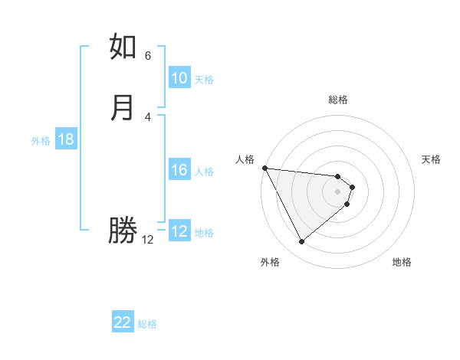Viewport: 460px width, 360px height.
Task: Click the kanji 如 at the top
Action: coord(123,47)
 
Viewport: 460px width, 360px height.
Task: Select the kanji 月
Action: coord(123,108)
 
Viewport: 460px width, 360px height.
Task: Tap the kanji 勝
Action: coord(123,231)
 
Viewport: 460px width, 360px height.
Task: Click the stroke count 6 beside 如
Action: coord(148,56)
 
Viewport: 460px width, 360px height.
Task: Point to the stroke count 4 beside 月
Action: coord(148,116)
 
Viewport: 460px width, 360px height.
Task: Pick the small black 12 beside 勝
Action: coord(148,240)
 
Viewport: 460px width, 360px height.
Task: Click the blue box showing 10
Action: coord(179,79)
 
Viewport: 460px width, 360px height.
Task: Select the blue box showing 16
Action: coord(179,171)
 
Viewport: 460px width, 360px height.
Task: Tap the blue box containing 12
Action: coord(179,232)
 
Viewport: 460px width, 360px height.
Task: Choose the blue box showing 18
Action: coord(66,140)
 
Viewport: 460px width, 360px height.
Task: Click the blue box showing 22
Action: coord(123,323)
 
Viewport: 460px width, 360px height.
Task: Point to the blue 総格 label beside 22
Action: coord(147,324)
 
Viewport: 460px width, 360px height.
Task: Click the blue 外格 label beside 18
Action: coord(41,141)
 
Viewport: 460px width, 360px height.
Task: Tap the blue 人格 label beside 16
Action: coord(205,172)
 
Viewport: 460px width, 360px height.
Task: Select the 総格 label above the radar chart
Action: coord(338,100)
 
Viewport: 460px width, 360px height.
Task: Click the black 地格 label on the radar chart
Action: coord(402,263)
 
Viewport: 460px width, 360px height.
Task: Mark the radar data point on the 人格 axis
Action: coord(264,168)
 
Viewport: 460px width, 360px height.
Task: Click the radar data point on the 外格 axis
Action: coord(301,242)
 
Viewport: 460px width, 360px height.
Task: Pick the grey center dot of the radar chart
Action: coord(338,191)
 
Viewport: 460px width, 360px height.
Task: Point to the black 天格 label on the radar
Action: coord(431,159)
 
